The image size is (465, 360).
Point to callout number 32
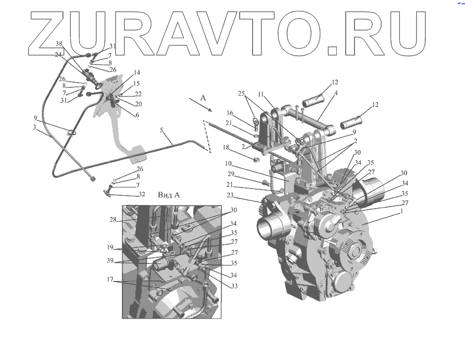[141, 195]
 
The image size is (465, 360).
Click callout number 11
[260, 95]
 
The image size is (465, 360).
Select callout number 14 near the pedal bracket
[122, 72]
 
